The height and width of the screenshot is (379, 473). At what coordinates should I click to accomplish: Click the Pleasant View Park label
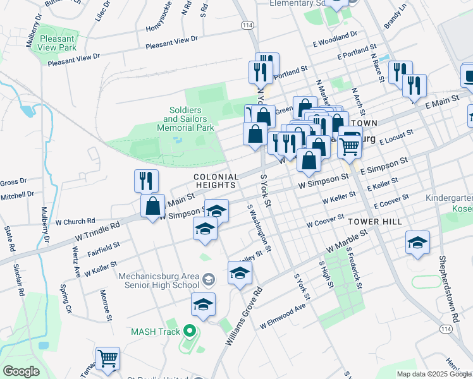pyautogui.click(x=57, y=42)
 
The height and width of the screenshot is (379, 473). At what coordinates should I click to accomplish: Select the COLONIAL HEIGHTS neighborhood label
pyautogui.click(x=216, y=181)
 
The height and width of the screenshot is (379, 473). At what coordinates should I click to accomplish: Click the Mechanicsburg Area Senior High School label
pyautogui.click(x=159, y=280)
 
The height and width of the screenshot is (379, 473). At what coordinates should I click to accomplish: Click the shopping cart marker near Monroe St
pyautogui.click(x=108, y=359)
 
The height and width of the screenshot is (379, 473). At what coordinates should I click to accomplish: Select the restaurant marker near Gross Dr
pyautogui.click(x=146, y=181)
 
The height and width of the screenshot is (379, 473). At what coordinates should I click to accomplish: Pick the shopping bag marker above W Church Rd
pyautogui.click(x=153, y=206)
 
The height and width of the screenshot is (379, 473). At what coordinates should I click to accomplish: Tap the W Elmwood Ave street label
pyautogui.click(x=283, y=318)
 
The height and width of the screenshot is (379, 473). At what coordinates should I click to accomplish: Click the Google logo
pyautogui.click(x=21, y=371)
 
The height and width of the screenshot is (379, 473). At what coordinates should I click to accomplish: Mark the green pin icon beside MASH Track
pyautogui.click(x=188, y=331)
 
